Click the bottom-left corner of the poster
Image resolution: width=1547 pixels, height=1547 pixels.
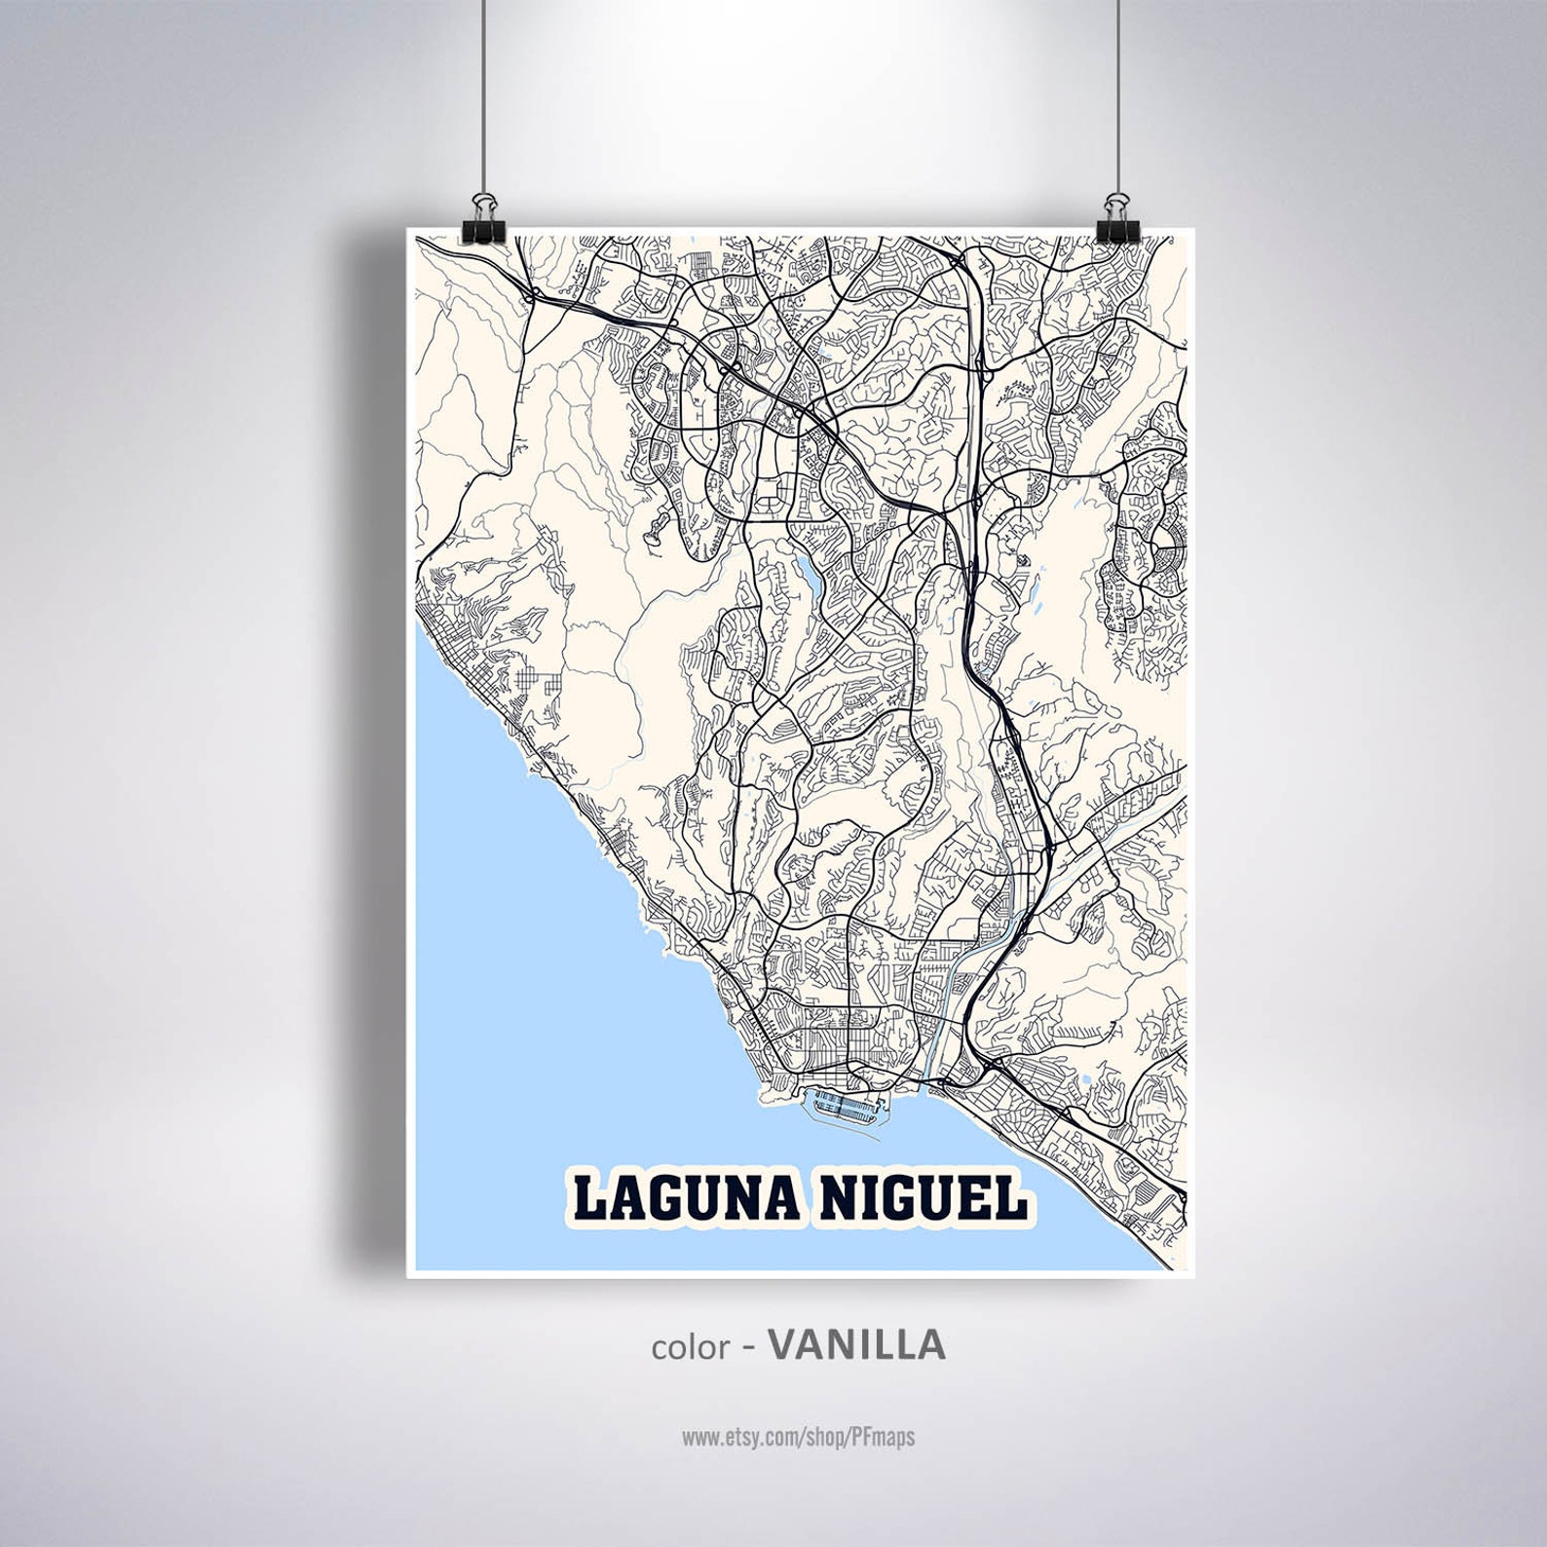(x=408, y=1275)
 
